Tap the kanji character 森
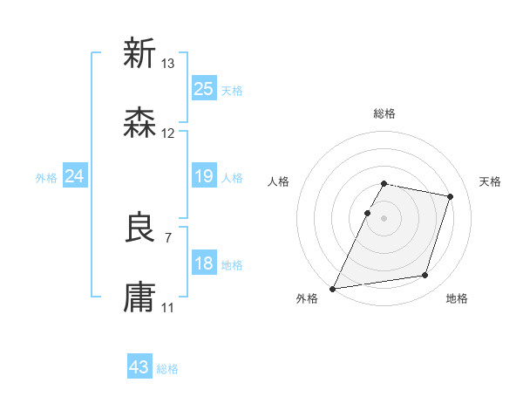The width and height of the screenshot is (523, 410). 139,123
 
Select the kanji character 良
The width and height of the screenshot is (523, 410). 139,229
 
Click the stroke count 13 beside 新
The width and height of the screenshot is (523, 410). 168,64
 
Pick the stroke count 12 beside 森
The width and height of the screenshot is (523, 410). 168,133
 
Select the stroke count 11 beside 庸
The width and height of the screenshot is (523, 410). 168,308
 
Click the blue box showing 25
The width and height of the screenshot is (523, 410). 203,88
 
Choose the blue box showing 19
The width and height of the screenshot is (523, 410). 203,176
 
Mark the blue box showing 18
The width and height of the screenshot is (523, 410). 203,263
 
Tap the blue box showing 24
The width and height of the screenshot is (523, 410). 74,176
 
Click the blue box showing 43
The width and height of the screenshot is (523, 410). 139,367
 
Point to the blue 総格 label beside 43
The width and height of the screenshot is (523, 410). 167,369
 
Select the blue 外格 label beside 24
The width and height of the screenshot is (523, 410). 46,178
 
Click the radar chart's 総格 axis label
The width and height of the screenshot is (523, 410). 384,113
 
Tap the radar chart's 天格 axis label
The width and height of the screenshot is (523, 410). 491,181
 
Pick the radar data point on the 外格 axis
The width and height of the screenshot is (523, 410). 333,288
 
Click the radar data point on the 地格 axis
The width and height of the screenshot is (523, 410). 425,276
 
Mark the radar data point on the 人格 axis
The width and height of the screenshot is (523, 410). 367,213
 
